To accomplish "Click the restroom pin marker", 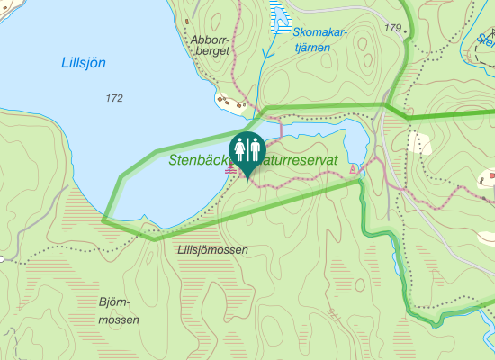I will coord(247,149).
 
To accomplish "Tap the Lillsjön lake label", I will coord(83,63).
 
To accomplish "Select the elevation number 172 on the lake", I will coord(113,97).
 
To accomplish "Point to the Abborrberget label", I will coord(211,45).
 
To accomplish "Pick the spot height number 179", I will coord(391,29).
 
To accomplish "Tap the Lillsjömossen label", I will coord(212,249).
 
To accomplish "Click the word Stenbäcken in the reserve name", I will coord(199,159).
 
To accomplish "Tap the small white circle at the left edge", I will coord(3,259).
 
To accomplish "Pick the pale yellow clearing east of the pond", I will coord(418,142).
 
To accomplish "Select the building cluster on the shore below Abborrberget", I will coord(233,103).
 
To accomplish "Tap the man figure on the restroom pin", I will coord(255,148).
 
